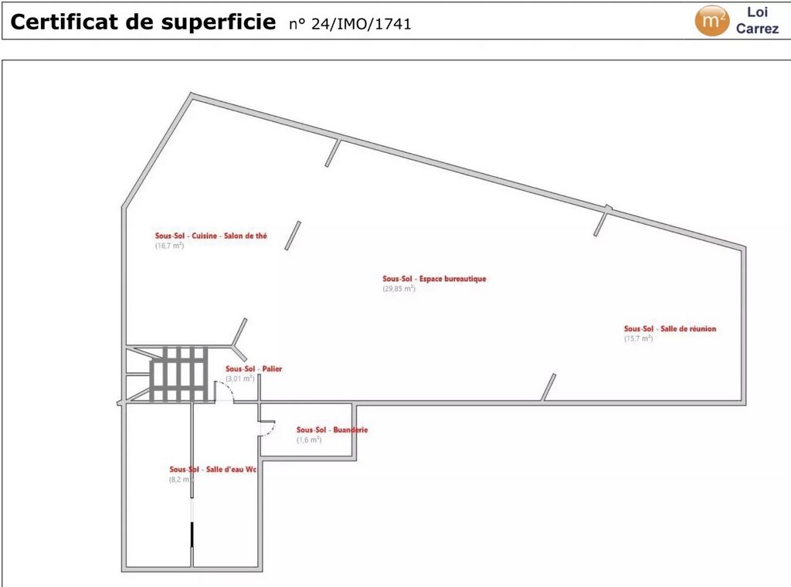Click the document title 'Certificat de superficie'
(x=143, y=22)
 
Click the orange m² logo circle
(x=711, y=21)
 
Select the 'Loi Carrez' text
(x=757, y=20)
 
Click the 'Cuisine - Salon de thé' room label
(x=229, y=236)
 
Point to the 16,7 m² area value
(x=169, y=246)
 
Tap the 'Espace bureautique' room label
(x=453, y=278)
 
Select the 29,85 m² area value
(x=399, y=288)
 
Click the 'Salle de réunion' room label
(x=688, y=328)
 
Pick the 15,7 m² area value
(x=639, y=338)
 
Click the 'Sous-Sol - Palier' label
(x=253, y=368)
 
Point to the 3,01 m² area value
(x=240, y=378)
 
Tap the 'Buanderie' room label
(x=350, y=429)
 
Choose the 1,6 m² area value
(x=309, y=439)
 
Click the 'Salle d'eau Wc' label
(x=231, y=469)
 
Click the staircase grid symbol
(x=178, y=374)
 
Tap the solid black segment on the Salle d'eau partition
(x=192, y=534)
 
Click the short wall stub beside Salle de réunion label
(x=548, y=387)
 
